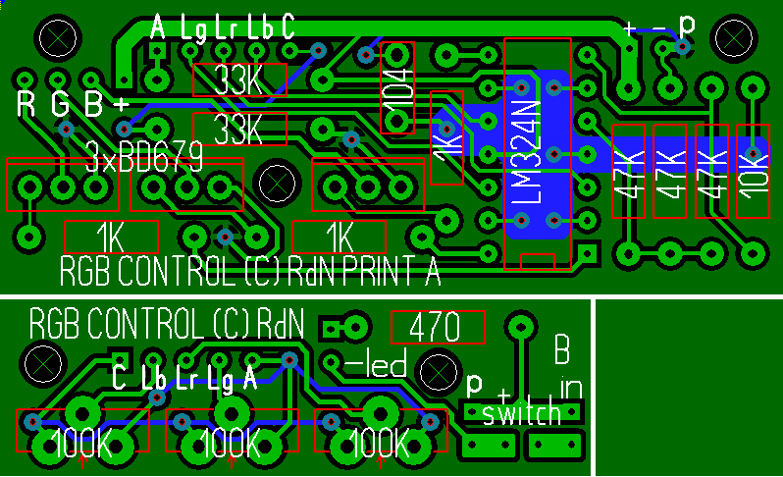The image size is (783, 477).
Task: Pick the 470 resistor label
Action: point(438,327)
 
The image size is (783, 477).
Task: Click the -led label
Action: point(378,366)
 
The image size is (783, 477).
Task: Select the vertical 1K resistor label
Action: point(446,148)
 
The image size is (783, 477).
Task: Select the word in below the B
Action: point(569,384)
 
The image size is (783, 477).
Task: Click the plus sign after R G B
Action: point(122,103)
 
